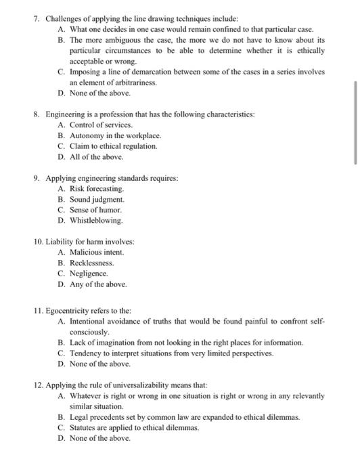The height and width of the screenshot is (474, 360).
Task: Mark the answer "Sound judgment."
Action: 97,199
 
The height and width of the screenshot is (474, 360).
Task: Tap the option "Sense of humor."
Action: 97,209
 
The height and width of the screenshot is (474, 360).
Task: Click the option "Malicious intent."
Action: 97,252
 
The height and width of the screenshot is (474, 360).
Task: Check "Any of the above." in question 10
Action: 97,284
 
